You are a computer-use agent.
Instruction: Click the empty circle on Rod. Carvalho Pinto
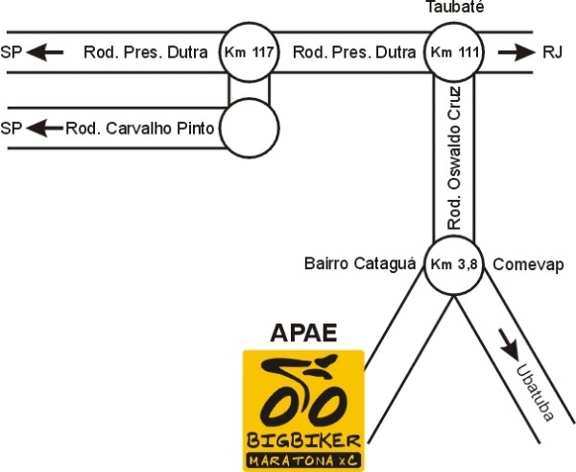(x=250, y=127)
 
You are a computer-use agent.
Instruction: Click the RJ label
(x=552, y=52)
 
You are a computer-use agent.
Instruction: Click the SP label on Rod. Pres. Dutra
(x=12, y=52)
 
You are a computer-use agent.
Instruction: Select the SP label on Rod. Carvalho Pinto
(x=12, y=127)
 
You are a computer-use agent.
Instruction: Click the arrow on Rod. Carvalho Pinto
(x=44, y=127)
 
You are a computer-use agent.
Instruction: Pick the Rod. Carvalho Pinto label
(x=140, y=127)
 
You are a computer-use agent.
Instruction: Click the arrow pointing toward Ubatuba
(x=509, y=343)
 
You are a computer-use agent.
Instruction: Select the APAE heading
(x=303, y=335)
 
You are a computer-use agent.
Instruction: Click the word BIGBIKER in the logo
(x=303, y=440)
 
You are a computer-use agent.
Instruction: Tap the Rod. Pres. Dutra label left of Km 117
(x=146, y=52)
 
